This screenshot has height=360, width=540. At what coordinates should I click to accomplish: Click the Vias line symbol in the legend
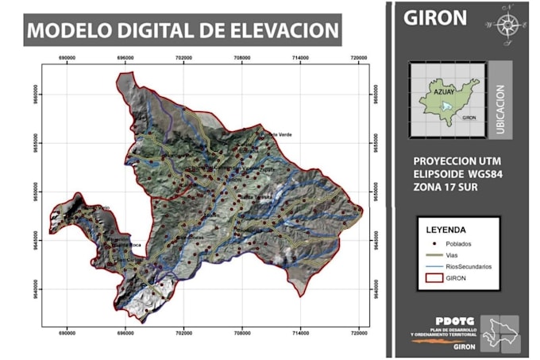[432, 256]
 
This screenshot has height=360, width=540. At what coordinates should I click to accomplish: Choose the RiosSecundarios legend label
[468, 268]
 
